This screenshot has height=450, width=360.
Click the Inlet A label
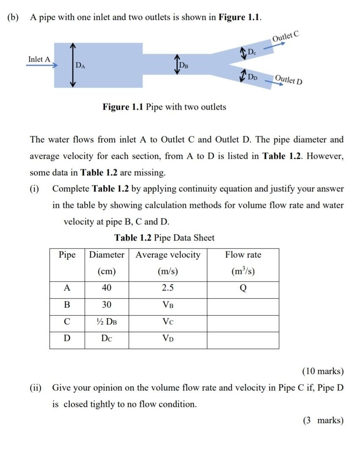39,59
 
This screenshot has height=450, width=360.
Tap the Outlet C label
286,36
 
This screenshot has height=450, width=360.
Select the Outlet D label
289,79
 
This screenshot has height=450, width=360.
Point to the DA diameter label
80,65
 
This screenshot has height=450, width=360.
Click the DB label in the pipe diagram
184,65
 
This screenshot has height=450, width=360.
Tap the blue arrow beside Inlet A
39,66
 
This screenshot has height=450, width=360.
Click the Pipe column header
67,255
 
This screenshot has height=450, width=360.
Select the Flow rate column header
243,255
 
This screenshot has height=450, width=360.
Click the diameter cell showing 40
107,288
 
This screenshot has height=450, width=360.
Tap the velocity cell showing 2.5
168,288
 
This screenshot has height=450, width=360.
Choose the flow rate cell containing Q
243,289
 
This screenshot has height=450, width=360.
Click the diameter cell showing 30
107,305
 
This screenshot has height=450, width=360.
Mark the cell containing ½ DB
107,322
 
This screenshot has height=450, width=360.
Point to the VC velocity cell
168,322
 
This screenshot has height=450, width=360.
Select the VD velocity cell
168,339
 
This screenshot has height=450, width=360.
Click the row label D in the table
67,339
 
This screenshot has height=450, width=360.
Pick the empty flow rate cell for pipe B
243,305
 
